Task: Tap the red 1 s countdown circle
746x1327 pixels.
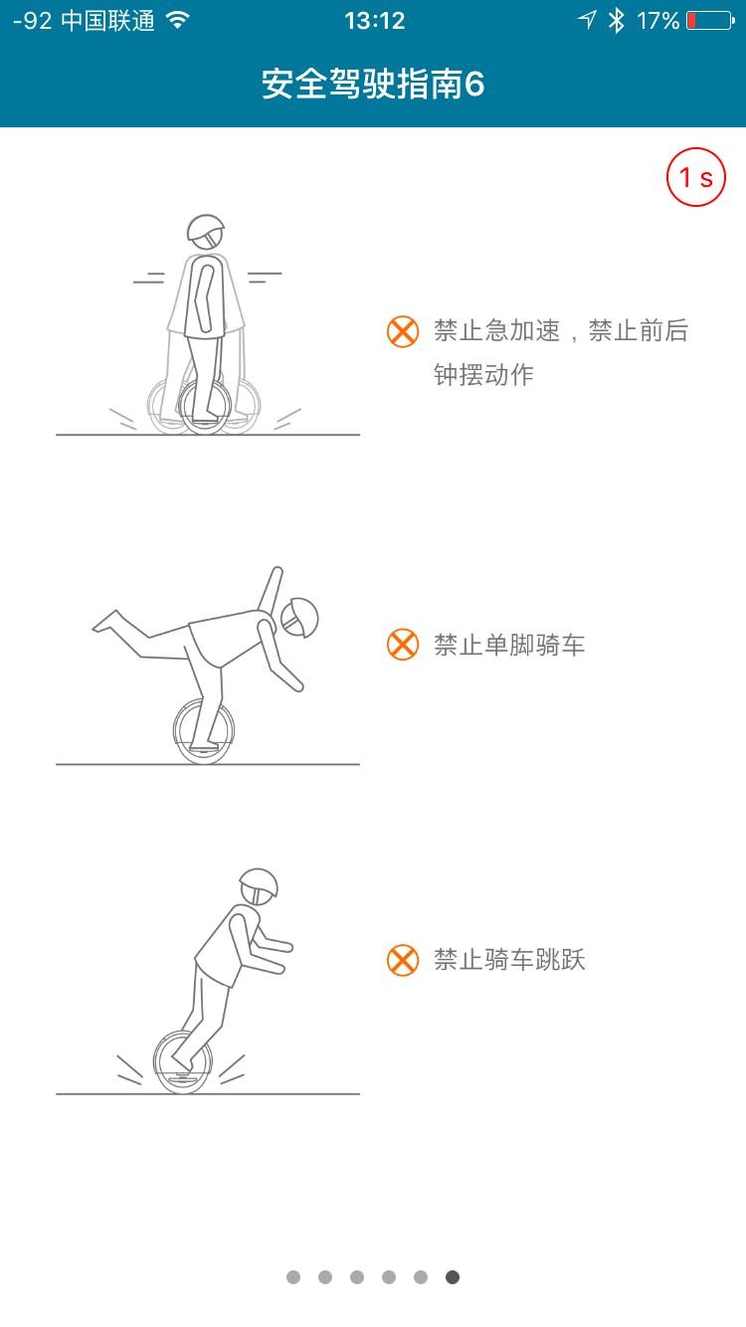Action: (695, 176)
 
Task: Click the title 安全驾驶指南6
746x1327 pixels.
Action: (373, 84)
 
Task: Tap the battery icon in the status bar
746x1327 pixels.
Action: (710, 21)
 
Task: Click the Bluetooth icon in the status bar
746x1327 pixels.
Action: (617, 21)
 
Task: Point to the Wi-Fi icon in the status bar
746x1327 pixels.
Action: (178, 20)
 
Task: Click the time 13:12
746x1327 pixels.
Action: (374, 21)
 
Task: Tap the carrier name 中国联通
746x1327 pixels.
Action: (107, 21)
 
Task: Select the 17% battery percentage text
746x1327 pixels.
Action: (657, 21)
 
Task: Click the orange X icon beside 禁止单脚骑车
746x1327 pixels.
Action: (403, 645)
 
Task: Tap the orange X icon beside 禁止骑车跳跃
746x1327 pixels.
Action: (403, 960)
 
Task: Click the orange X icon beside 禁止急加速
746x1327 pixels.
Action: (403, 331)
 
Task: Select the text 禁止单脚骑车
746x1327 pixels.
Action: (509, 645)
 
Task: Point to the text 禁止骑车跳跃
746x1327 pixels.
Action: (509, 960)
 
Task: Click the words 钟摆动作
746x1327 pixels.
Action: (484, 375)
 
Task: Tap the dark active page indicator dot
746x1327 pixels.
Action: (453, 1277)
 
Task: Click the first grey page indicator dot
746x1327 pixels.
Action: (293, 1277)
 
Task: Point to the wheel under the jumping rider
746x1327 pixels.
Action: (182, 1062)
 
